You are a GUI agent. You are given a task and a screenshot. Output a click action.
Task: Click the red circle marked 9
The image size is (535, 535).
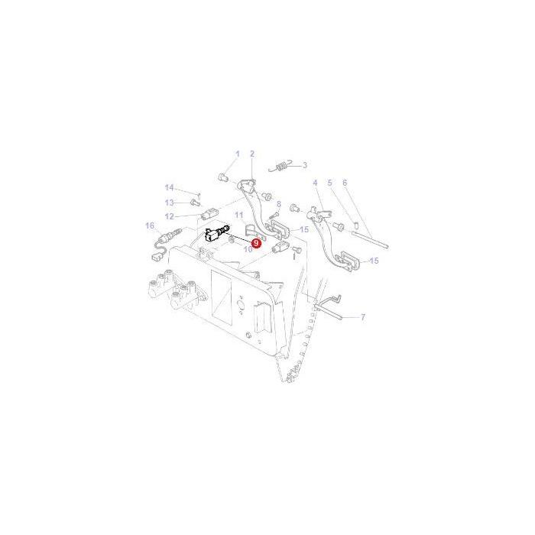(x=255, y=243)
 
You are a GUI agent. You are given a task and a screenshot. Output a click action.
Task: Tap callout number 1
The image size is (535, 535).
(x=238, y=154)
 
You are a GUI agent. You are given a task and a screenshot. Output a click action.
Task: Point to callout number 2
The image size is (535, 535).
(x=252, y=154)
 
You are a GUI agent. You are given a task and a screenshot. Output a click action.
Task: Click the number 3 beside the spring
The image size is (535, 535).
(x=305, y=166)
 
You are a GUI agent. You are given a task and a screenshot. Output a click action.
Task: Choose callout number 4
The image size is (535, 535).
(x=315, y=183)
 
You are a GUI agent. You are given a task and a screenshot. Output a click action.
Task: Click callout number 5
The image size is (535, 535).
(x=330, y=183)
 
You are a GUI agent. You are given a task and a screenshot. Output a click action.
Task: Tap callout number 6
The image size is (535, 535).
(x=345, y=183)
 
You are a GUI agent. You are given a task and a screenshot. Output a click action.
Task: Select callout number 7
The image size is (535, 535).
(x=363, y=317)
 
